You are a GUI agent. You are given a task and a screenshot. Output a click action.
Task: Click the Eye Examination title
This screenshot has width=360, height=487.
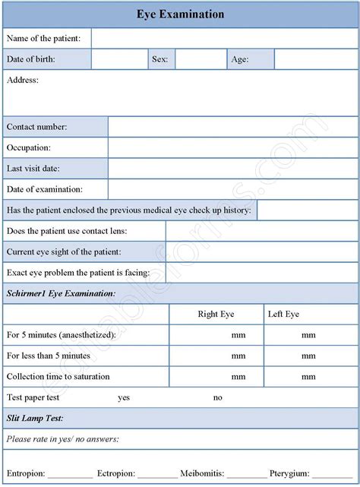click(x=180, y=14)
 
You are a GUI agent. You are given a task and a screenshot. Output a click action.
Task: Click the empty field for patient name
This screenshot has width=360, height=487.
click(x=224, y=39)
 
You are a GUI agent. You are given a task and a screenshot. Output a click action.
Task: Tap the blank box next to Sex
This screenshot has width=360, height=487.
click(x=200, y=59)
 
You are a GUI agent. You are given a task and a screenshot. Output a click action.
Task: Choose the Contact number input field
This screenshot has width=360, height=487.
click(x=232, y=127)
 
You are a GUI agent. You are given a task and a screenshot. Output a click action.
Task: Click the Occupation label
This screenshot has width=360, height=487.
click(x=29, y=147)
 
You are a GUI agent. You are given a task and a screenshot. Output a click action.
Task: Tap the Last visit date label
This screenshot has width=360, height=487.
click(x=33, y=169)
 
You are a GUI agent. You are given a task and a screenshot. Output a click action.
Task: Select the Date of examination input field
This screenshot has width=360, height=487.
click(x=232, y=189)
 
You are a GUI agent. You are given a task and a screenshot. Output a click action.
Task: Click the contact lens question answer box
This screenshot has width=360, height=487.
click(x=261, y=231)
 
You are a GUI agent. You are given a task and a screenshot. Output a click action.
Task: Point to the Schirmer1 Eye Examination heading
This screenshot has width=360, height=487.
click(x=61, y=293)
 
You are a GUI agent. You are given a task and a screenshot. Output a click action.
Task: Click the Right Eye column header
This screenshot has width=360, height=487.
click(x=216, y=314)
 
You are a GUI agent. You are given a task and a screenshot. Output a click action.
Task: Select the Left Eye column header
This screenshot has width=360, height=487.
click(x=283, y=314)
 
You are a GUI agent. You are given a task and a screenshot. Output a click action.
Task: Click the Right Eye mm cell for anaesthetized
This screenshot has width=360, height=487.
click(x=216, y=335)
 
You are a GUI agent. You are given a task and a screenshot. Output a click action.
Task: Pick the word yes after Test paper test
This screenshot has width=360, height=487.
click(x=124, y=397)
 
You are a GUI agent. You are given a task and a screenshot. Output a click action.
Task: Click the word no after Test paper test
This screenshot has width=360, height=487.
click(x=218, y=397)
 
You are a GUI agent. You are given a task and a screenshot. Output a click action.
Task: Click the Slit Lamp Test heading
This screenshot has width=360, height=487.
click(x=35, y=418)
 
